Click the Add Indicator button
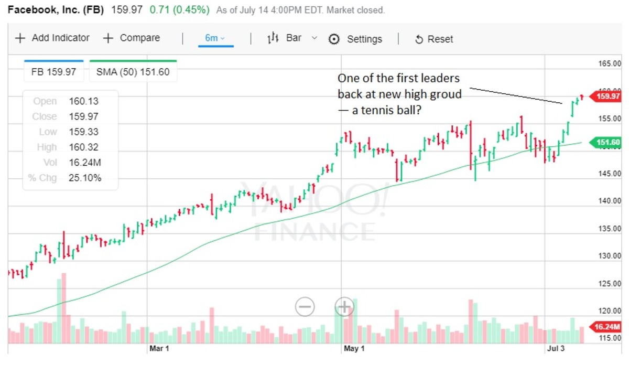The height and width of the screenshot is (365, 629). point(52,38)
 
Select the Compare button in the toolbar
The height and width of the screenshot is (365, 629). point(132,38)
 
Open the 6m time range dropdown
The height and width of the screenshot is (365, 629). point(215,38)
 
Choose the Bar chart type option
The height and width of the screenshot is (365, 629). point(286,38)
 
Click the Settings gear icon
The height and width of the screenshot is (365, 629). point(334,39)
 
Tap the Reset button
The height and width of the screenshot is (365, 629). point(434,39)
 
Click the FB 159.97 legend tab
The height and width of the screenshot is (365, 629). point(54,72)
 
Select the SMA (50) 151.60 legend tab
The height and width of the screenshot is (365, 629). point(133,72)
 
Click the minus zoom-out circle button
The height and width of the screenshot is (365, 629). point(305,306)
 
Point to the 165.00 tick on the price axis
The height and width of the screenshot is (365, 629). point(610,64)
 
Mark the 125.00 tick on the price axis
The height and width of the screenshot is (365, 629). point(610,284)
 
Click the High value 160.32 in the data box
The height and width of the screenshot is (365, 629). point(83,147)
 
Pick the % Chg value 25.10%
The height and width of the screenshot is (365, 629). point(85,178)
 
